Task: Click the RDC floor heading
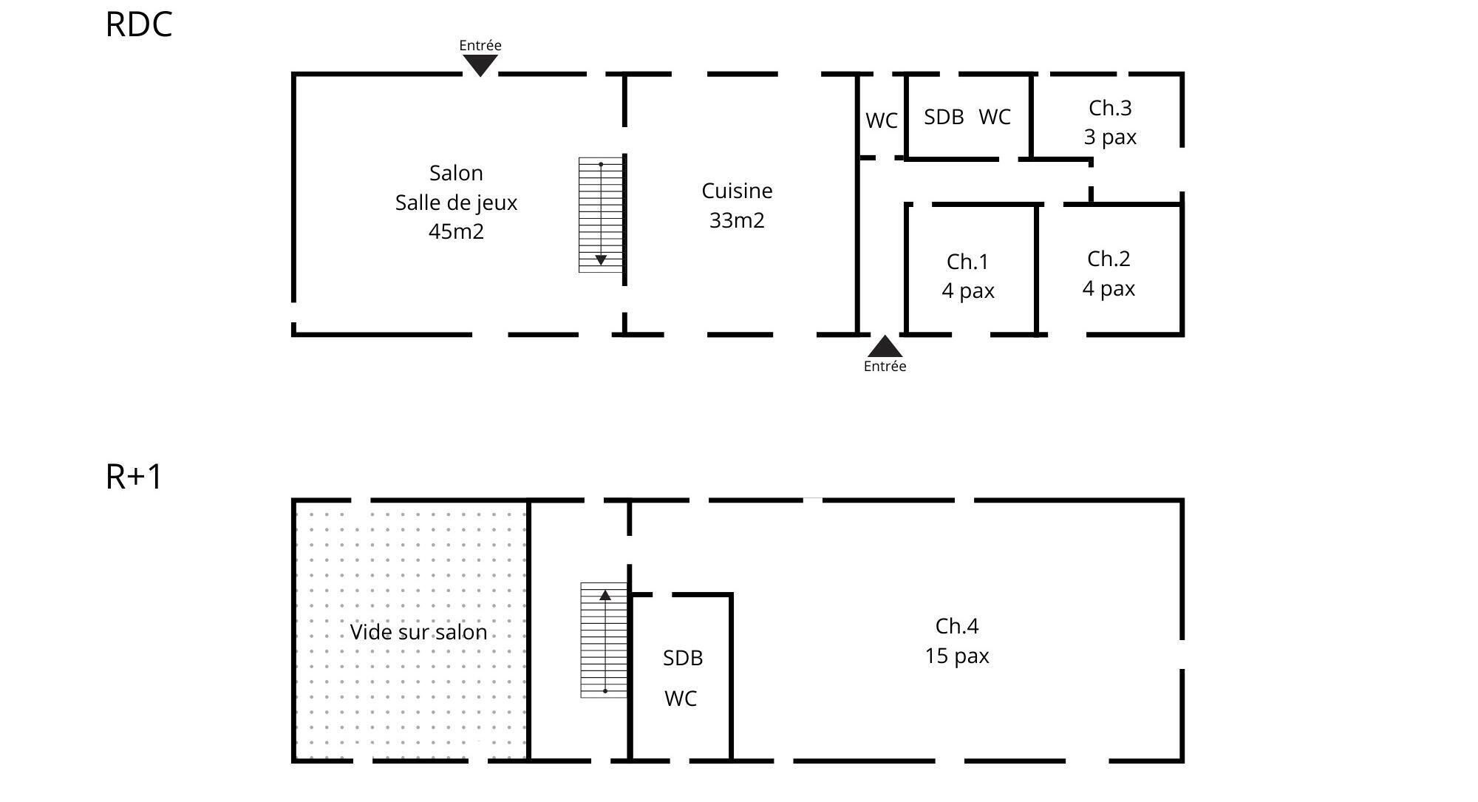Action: point(139,24)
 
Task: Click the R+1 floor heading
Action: point(134,477)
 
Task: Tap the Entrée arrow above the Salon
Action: point(480,66)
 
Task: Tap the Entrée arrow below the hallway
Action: point(885,347)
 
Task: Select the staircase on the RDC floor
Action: point(601,214)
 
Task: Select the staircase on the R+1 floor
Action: point(604,640)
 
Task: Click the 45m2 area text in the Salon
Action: point(456,231)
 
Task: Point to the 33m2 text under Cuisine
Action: point(737,220)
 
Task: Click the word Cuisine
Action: point(737,191)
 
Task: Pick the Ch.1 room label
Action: point(967,262)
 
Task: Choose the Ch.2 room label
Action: point(1108,259)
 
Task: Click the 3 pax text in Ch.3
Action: point(1110,137)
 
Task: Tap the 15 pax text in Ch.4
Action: point(956,656)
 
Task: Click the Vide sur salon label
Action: point(418,632)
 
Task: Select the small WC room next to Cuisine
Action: point(881,120)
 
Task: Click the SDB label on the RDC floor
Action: point(944,117)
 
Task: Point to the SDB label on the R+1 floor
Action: point(682,658)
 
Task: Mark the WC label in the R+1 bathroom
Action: point(681,699)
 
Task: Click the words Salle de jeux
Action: point(456,203)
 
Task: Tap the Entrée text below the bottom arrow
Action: point(885,366)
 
